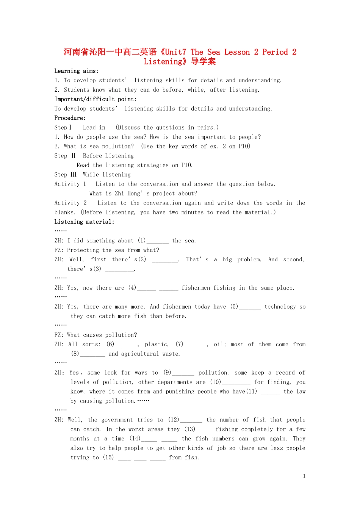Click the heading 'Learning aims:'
(76, 71)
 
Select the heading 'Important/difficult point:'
(95, 99)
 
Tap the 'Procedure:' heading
(70, 118)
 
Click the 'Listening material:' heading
(84, 222)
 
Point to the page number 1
(304, 476)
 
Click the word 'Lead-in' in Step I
(94, 128)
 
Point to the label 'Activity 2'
(70, 203)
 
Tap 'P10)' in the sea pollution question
(244, 146)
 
